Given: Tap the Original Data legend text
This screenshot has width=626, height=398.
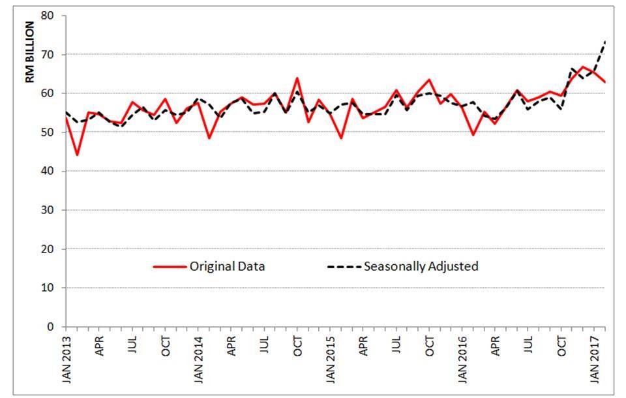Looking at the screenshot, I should coord(226,266).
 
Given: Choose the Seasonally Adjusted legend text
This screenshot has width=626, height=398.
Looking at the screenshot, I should coord(421,266).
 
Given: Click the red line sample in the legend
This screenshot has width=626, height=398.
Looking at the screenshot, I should coord(169,266).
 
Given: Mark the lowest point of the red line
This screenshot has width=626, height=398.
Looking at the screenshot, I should coord(77,155).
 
